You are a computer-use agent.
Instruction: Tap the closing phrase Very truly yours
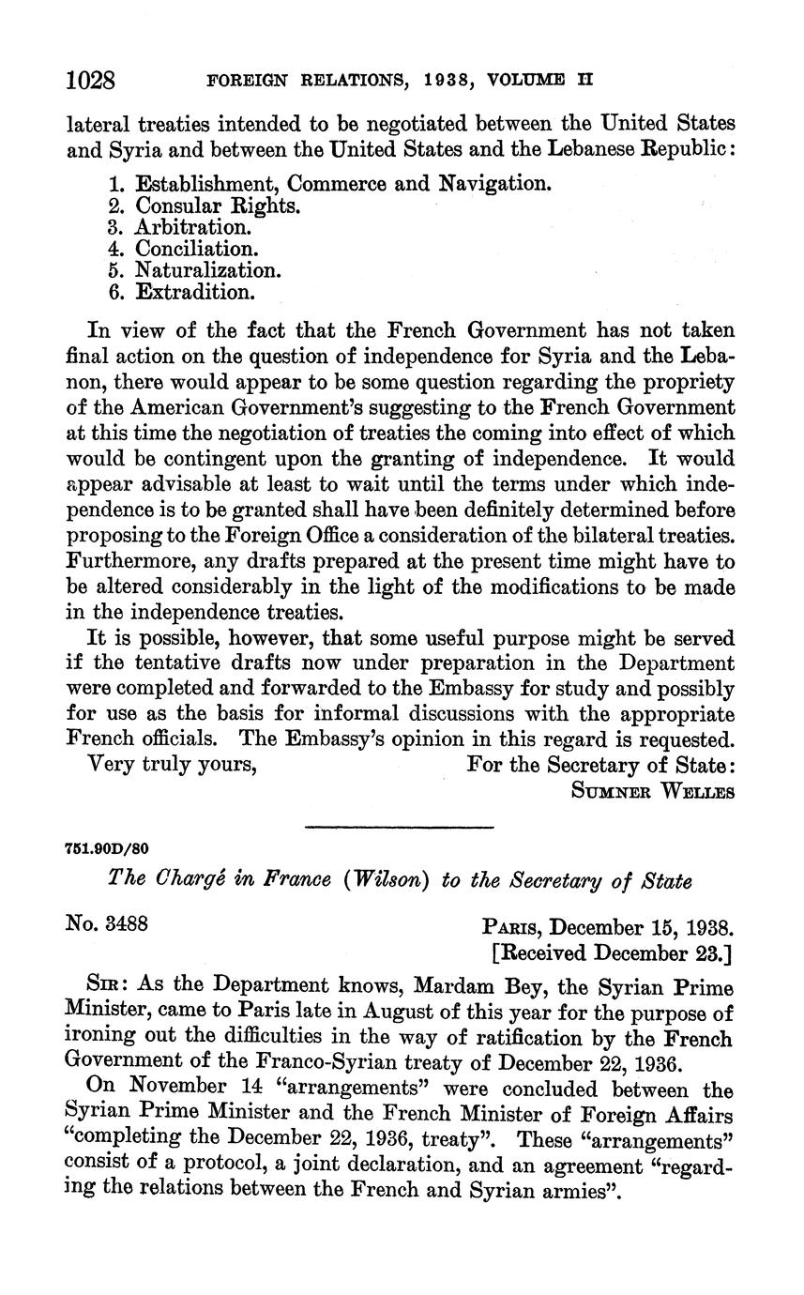(x=172, y=764)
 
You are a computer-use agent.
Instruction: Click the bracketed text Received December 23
(x=612, y=952)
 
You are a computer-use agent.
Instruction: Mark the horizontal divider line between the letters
(x=401, y=826)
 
